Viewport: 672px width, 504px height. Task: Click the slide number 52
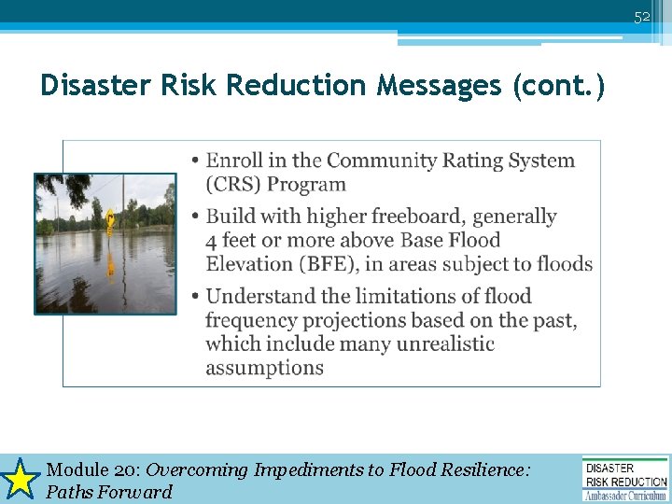642,18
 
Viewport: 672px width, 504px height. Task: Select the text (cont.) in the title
559,86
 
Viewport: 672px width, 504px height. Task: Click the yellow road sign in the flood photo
110,220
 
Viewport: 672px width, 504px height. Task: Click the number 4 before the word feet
213,241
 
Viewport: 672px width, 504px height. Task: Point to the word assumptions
264,368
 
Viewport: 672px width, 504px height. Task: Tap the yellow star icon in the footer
20,480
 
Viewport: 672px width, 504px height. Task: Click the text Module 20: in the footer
93,470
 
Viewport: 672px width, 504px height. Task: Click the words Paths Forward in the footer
109,492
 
